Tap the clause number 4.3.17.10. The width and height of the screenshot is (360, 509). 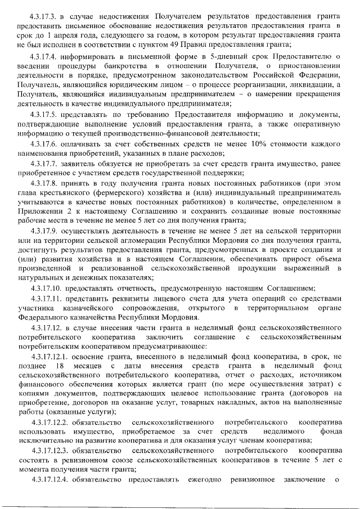tap(49, 288)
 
